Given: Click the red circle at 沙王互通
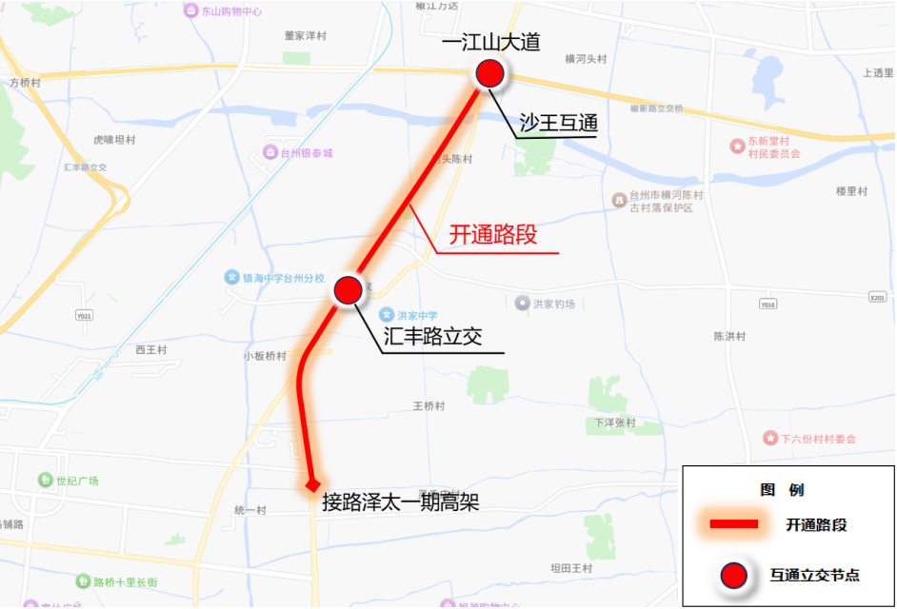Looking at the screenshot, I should [489, 73].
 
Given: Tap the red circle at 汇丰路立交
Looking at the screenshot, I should [348, 289].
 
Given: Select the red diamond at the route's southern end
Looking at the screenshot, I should [311, 486].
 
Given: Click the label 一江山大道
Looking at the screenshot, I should [491, 42].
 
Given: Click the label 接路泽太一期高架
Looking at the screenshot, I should [401, 502].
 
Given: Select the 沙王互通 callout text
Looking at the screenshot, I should [558, 122].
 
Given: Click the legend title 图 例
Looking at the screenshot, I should [782, 490].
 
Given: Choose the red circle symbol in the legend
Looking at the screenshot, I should [733, 575].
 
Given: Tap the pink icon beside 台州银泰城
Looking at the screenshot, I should [270, 152].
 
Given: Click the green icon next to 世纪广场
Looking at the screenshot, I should [44, 480].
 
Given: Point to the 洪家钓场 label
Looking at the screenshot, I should [554, 304].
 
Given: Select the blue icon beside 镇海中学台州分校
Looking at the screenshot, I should [231, 277].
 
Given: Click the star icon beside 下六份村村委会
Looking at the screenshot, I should [769, 438].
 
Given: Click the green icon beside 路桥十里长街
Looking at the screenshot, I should [82, 580].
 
